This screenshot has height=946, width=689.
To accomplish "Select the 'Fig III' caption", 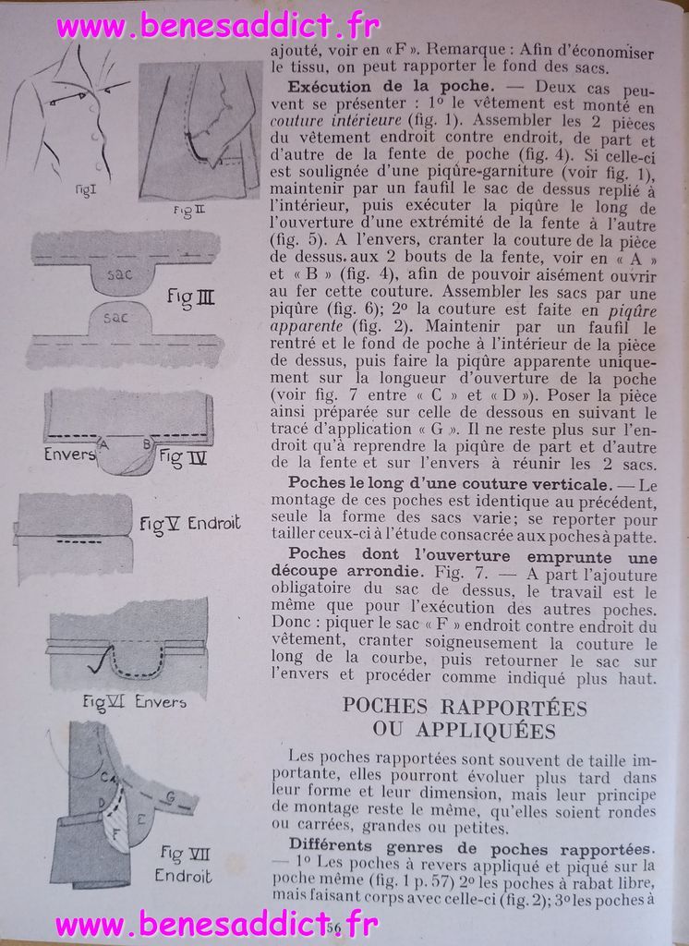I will tap(192, 298).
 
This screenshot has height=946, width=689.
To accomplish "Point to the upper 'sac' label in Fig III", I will tap(119, 274).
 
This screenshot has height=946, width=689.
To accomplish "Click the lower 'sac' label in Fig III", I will tap(115, 317).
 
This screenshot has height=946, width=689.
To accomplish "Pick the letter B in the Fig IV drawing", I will tap(146, 443).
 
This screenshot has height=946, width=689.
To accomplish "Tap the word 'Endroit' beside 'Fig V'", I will tap(214, 524).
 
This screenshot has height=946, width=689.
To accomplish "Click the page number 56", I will tap(333, 927).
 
